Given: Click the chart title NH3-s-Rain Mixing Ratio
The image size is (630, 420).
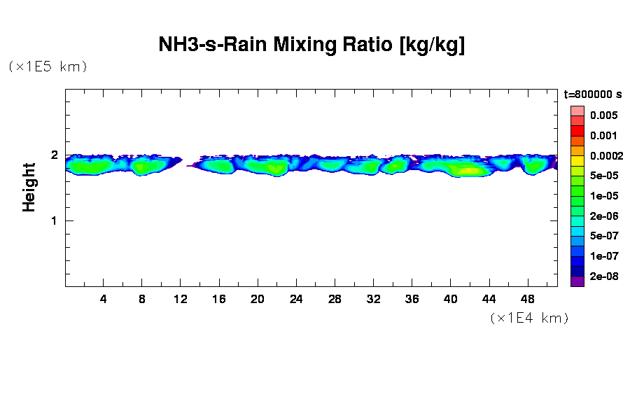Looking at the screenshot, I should click(x=311, y=45).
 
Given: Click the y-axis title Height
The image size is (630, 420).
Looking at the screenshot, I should click(x=29, y=187).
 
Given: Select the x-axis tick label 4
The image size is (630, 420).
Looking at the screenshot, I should click(x=104, y=300).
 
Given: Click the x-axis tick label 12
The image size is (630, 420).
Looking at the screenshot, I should click(x=181, y=300).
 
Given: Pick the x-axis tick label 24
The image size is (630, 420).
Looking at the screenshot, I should click(x=296, y=300).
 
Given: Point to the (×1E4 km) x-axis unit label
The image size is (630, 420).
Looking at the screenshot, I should click(x=528, y=318).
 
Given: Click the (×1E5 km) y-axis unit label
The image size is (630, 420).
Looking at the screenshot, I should click(x=48, y=66).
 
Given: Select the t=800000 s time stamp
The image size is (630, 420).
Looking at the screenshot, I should click(x=592, y=94).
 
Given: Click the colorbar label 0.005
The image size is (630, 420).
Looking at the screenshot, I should click(x=603, y=115).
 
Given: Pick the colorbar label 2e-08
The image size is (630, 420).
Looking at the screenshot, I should click(x=603, y=276).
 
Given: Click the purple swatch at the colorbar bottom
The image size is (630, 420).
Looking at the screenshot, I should click(x=577, y=281).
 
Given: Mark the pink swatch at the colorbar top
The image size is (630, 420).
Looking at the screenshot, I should click(x=577, y=111).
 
